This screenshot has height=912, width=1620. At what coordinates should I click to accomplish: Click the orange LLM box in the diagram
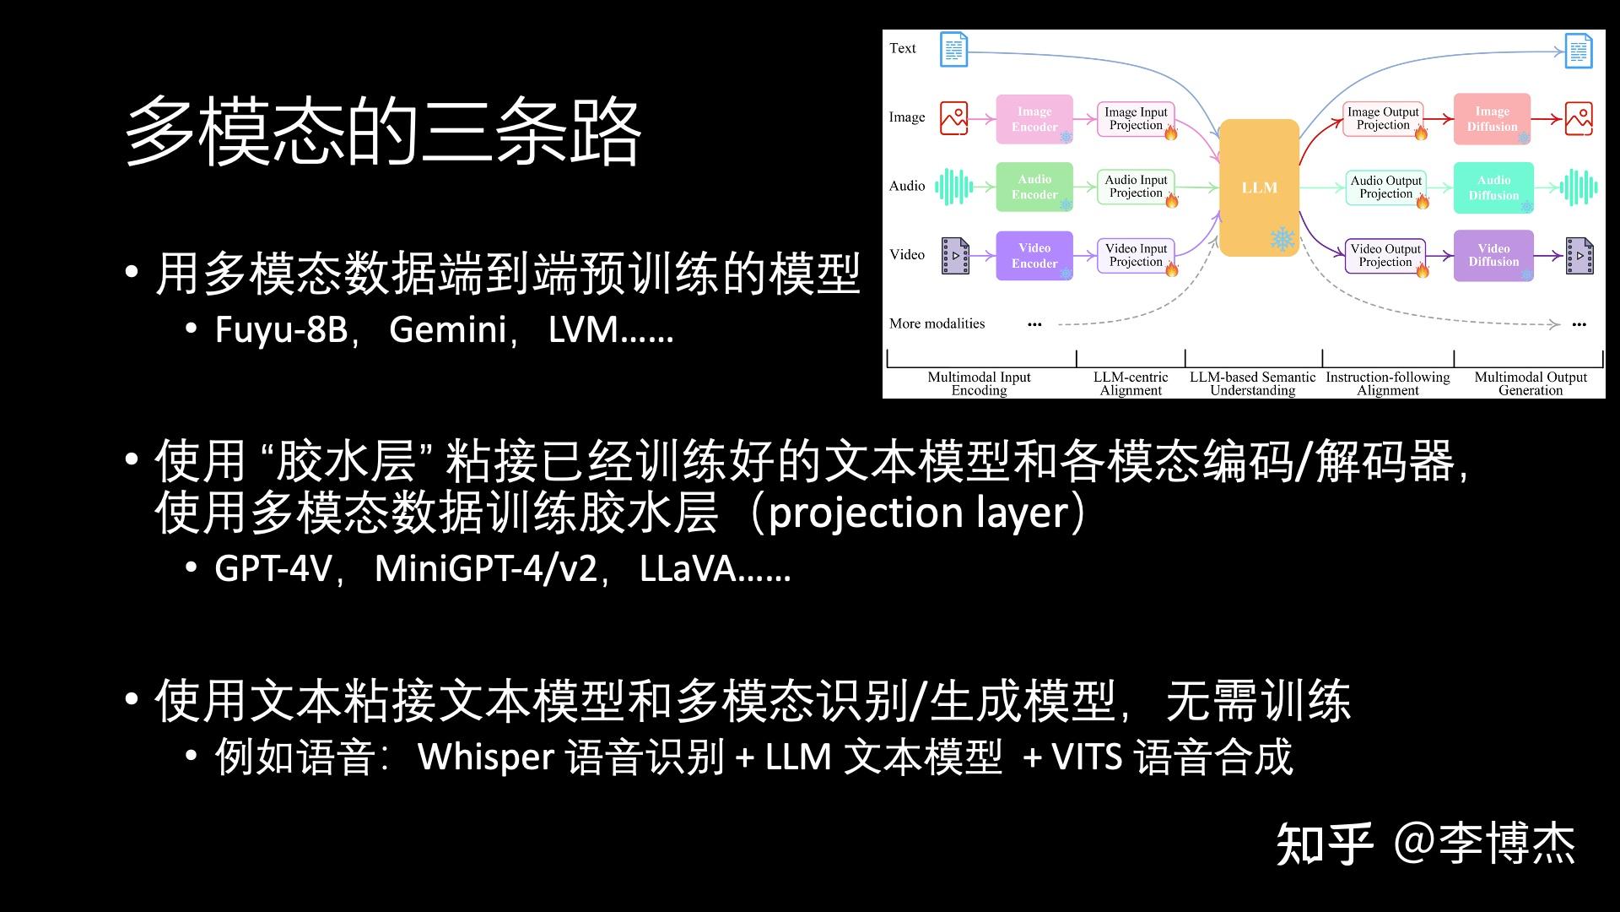[1259, 187]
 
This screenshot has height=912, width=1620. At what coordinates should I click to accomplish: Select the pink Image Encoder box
[1034, 119]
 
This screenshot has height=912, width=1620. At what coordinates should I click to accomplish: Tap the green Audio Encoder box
[1034, 187]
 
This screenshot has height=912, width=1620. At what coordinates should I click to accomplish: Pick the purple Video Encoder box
[1034, 255]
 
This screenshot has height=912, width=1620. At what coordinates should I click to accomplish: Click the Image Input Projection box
[1136, 118]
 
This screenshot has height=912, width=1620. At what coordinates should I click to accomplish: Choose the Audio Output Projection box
[1385, 187]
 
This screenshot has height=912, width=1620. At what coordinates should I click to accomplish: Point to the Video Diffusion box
[1493, 255]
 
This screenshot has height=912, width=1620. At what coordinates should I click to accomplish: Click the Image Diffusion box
[1492, 119]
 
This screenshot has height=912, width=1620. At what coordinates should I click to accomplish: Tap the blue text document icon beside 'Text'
[953, 50]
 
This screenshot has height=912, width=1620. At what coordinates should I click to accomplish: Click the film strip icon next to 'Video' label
[955, 255]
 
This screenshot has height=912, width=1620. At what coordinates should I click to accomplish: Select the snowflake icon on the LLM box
[1282, 239]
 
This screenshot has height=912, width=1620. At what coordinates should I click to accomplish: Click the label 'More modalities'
[937, 323]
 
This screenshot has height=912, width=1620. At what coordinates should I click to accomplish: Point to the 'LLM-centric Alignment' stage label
[1131, 383]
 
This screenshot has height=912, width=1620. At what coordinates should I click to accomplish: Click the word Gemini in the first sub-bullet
[447, 329]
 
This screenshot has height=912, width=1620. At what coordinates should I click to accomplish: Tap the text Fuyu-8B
[281, 329]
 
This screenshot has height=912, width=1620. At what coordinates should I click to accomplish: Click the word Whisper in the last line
[486, 757]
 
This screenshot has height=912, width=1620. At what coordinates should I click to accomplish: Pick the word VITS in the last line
[1087, 757]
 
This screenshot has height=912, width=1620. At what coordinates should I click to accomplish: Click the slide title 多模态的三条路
[383, 131]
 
